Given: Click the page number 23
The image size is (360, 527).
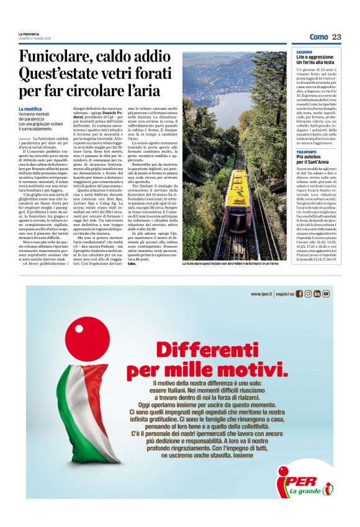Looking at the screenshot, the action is pos(336,37).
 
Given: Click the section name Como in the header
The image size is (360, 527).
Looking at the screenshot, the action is pos(318,37).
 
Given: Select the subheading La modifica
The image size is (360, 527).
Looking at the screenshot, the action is pos(30,109).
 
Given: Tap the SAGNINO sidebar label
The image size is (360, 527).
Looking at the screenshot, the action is pos(304,52).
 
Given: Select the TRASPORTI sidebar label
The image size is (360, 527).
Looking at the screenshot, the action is pos(306,152).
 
